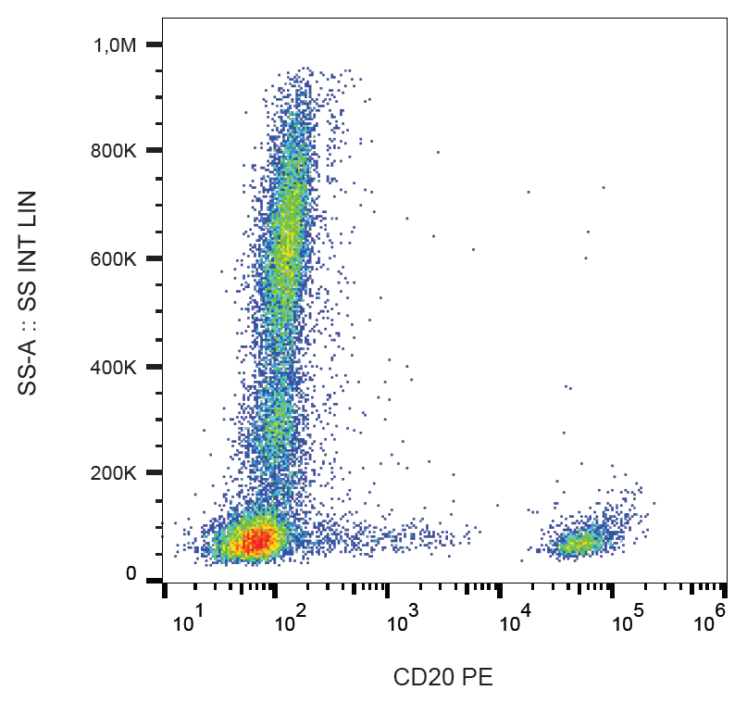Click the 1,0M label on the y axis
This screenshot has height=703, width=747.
[116, 44]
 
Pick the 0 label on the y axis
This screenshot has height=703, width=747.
[131, 574]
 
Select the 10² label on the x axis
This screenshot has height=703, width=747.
[290, 622]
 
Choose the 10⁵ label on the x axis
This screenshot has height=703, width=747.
[627, 622]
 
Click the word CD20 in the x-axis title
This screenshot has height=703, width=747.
[421, 677]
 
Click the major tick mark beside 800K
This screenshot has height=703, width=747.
[155, 150]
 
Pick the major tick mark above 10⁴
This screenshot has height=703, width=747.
[499, 589]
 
